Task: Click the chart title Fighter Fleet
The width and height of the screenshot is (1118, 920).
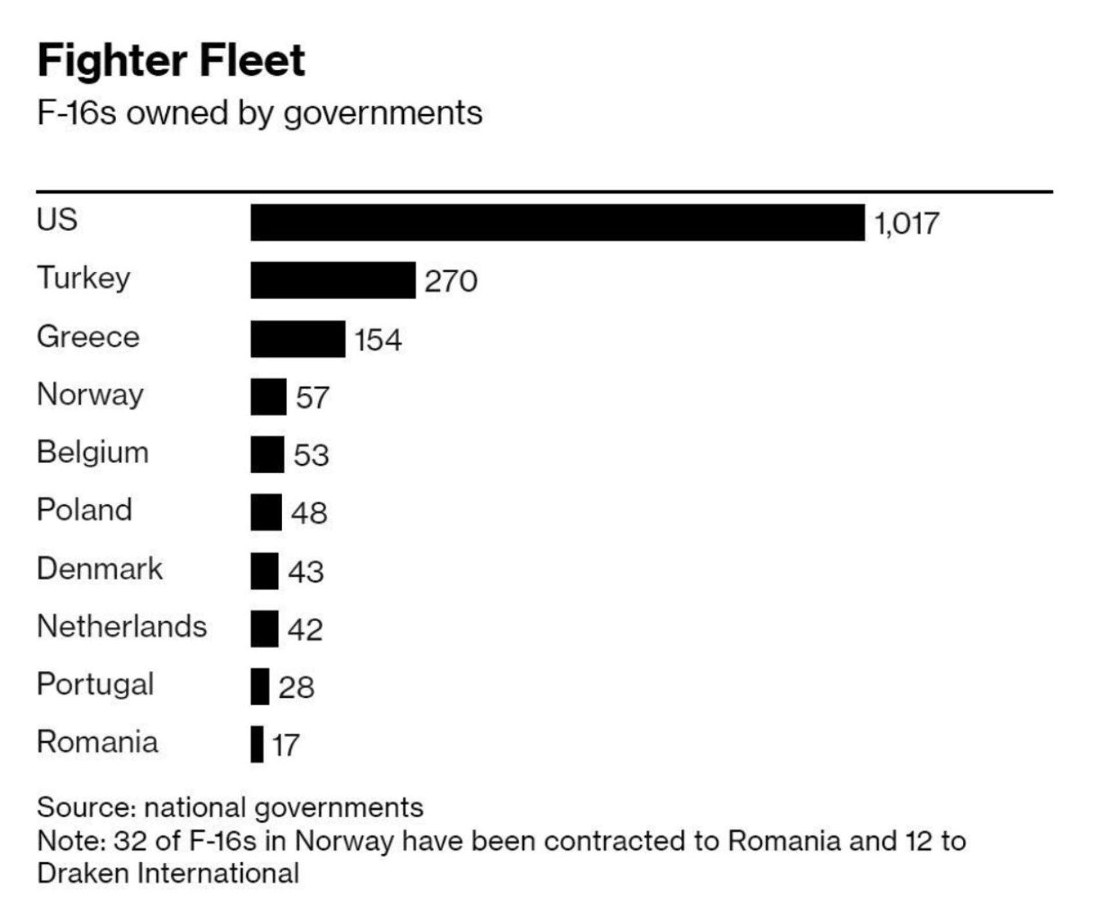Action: click(171, 61)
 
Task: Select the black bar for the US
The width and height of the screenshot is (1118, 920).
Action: click(557, 223)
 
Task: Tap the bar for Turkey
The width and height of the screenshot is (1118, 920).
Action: click(332, 280)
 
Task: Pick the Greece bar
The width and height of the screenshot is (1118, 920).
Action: click(298, 339)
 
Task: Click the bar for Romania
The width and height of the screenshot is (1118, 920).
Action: click(257, 744)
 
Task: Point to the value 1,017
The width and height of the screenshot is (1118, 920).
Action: click(906, 224)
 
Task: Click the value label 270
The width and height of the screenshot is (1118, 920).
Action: click(451, 281)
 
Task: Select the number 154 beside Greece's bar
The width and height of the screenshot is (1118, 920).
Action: click(378, 340)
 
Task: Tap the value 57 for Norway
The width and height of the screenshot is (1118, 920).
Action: click(312, 397)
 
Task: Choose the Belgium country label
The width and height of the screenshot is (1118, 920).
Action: click(92, 452)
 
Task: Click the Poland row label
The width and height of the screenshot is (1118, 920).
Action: click(84, 510)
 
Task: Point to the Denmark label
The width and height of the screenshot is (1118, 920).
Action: click(99, 568)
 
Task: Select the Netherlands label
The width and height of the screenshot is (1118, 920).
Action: click(121, 626)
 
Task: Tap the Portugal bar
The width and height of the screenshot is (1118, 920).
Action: click(259, 686)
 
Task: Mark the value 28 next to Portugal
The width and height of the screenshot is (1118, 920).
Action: click(296, 687)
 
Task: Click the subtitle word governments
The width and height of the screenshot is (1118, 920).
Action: click(383, 114)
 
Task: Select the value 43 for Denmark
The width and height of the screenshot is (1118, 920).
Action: click(305, 572)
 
